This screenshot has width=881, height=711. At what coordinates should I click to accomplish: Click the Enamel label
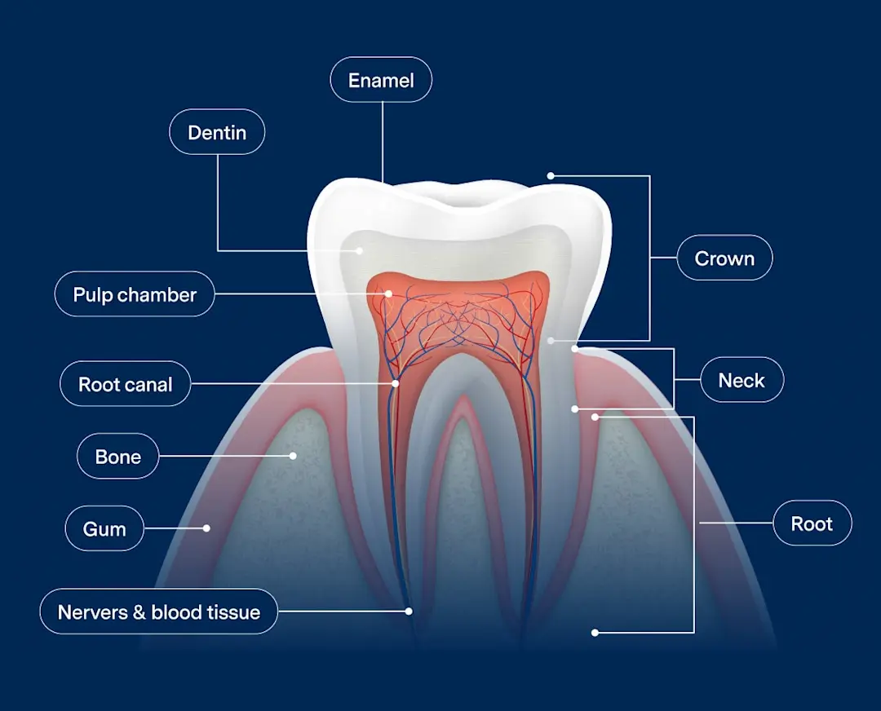(381, 80)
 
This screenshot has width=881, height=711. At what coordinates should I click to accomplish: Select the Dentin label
(217, 132)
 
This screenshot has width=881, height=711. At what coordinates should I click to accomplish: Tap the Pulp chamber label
(135, 294)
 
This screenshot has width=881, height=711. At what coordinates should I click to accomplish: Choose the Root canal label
(126, 384)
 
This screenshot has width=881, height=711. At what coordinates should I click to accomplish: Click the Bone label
(118, 457)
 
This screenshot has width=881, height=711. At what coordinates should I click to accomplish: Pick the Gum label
(104, 528)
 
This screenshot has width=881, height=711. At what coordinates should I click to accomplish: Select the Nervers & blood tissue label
(159, 612)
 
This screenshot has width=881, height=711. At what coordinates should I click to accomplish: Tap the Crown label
(724, 258)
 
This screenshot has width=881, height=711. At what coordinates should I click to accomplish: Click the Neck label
(742, 380)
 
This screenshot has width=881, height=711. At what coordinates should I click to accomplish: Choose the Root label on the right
(812, 523)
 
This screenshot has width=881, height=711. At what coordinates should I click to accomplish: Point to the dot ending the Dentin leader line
(360, 250)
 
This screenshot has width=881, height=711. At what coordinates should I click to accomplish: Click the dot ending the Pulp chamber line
(389, 294)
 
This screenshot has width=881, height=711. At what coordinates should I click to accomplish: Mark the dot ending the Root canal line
(396, 383)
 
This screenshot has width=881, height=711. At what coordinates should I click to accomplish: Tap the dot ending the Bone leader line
(294, 456)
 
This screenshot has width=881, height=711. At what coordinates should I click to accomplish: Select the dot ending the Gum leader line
(206, 528)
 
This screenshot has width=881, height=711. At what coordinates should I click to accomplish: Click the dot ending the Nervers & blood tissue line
(409, 611)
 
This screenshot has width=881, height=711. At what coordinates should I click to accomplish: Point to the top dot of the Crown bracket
(551, 175)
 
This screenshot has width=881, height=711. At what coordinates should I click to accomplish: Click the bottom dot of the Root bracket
(595, 632)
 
